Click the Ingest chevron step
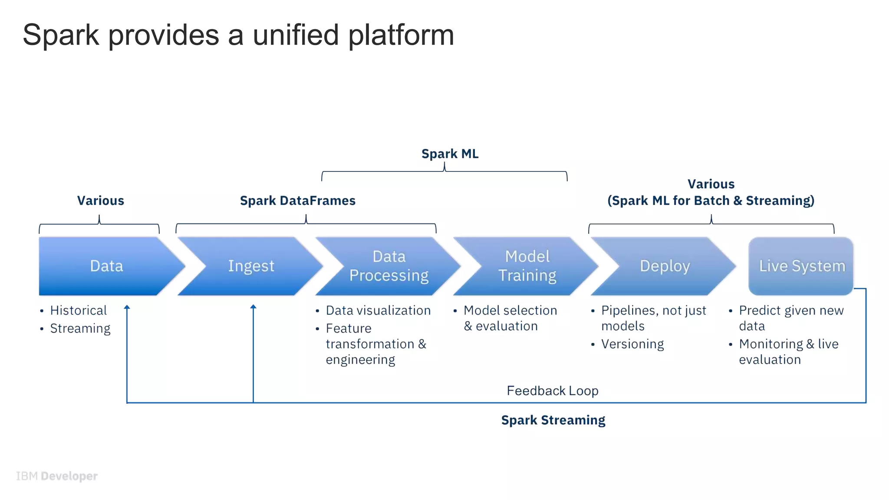(251, 266)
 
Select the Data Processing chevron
(389, 266)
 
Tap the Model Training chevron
(527, 266)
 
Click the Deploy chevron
(665, 266)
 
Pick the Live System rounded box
(801, 266)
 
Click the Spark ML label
(450, 154)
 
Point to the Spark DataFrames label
(297, 201)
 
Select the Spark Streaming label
(553, 420)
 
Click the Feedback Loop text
(552, 391)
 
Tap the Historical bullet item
(78, 310)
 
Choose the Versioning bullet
(632, 344)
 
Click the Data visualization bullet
(378, 310)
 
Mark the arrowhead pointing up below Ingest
(253, 307)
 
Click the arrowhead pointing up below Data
(127, 307)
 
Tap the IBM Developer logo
(57, 476)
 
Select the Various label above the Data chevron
(100, 201)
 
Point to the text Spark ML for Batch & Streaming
(711, 201)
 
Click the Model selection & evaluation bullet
(510, 318)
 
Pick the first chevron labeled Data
(107, 266)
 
